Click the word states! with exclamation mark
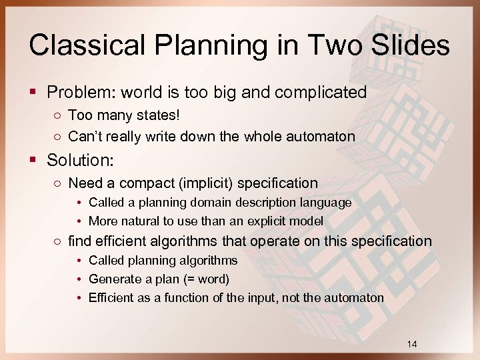pyautogui.click(x=157, y=116)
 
